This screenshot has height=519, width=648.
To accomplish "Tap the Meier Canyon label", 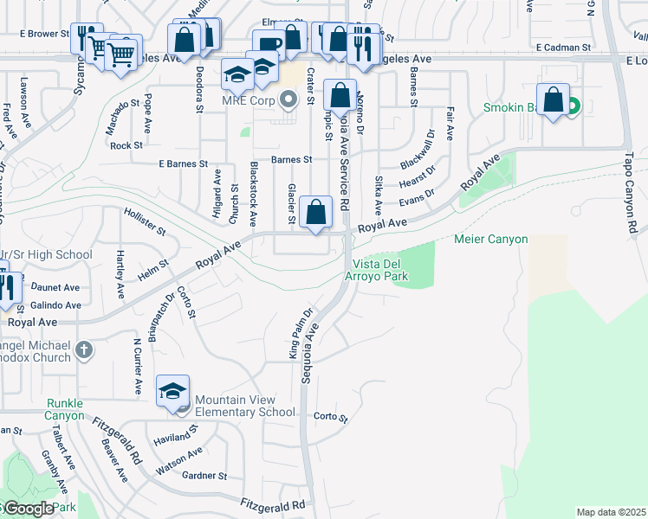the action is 491,239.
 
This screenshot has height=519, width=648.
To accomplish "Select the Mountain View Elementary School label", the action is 245,406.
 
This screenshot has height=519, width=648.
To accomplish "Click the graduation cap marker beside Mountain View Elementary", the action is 173,391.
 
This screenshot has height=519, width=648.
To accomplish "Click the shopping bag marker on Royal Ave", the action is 317,212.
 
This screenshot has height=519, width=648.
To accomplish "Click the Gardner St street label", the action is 204,476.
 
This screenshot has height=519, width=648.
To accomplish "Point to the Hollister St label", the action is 145,221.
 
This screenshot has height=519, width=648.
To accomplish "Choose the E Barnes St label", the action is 184,163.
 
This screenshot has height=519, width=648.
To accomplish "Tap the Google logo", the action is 28,509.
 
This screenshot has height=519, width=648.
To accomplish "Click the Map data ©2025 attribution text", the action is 611,512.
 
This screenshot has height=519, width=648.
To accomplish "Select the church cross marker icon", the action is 83,350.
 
